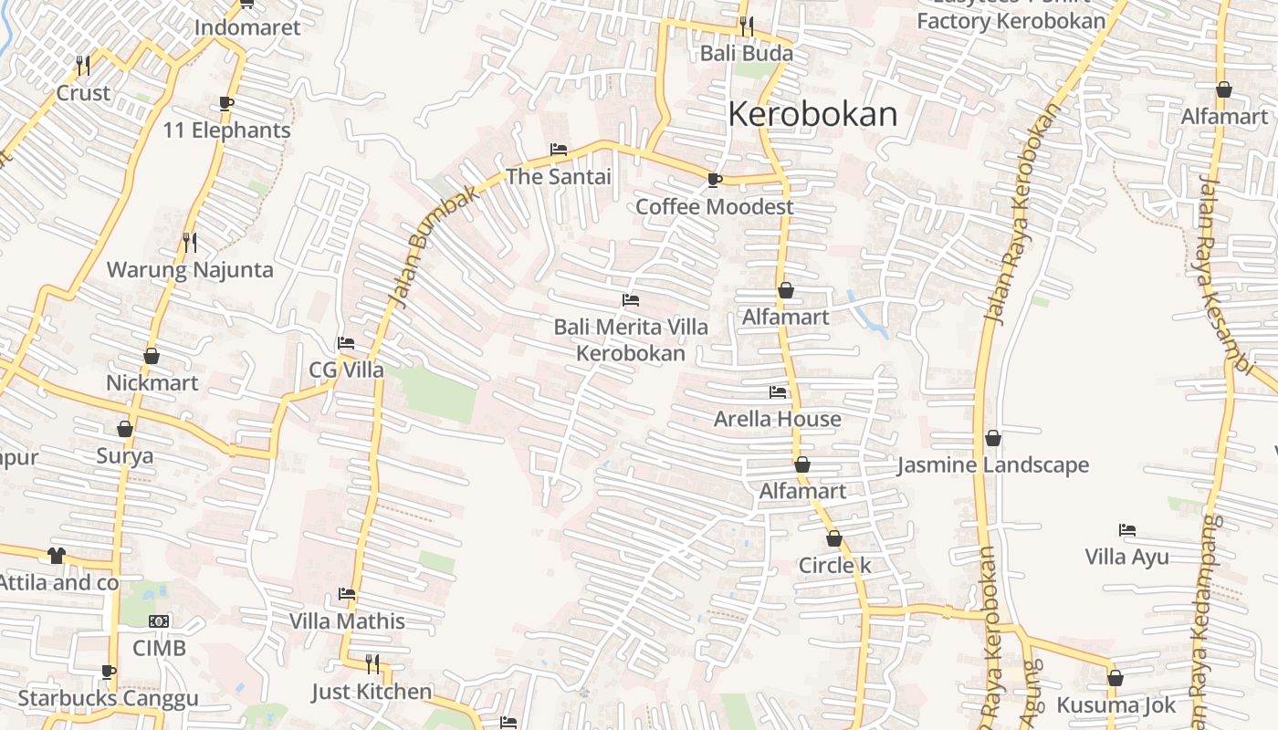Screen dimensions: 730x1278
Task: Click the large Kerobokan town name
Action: click(x=812, y=114)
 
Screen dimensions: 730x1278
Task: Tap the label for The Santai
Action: click(x=559, y=177)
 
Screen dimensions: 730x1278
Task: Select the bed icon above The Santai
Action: click(x=559, y=150)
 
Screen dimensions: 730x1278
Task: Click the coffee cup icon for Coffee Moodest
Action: click(x=714, y=180)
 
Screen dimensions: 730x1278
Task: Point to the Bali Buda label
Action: click(x=746, y=53)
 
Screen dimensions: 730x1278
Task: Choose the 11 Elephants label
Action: click(x=226, y=130)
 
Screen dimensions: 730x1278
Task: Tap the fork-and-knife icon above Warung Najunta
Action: click(x=189, y=242)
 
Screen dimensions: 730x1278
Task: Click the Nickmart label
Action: click(x=152, y=382)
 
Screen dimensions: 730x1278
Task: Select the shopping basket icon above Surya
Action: click(x=125, y=429)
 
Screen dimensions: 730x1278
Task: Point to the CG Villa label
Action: click(x=346, y=370)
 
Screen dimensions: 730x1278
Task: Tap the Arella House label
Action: click(x=777, y=419)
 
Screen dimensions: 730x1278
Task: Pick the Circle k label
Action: click(x=834, y=565)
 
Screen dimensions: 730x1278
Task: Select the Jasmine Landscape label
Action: click(x=993, y=464)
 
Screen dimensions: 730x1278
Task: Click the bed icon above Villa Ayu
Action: click(x=1127, y=530)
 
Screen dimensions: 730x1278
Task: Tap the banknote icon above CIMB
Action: click(x=159, y=621)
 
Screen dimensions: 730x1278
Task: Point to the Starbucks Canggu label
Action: click(x=108, y=699)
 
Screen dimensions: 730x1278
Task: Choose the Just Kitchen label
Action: click(x=372, y=691)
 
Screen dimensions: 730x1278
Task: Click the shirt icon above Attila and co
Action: click(x=57, y=555)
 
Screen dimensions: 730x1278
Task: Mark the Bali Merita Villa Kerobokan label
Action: click(x=631, y=339)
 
